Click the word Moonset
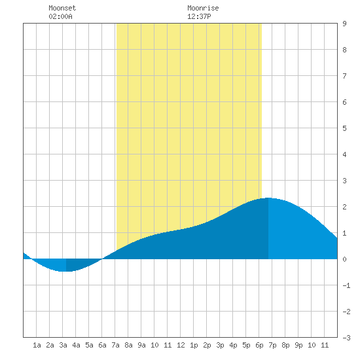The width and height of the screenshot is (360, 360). click(x=62, y=8)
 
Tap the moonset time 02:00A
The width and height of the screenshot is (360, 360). click(x=60, y=16)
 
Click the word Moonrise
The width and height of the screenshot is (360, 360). click(x=203, y=8)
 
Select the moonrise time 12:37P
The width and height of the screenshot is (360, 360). click(x=199, y=16)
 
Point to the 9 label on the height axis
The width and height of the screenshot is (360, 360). click(x=344, y=24)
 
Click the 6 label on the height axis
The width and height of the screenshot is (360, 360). click(x=344, y=102)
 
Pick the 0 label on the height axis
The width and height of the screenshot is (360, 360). click(x=344, y=259)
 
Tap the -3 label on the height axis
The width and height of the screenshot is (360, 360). click(x=346, y=338)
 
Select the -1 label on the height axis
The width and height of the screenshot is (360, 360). click(x=346, y=285)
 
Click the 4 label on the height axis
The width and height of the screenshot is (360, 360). click(x=344, y=154)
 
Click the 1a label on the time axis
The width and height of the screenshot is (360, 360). click(x=37, y=345)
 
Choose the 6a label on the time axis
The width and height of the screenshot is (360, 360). click(x=102, y=345)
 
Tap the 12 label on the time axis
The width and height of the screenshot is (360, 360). click(x=181, y=345)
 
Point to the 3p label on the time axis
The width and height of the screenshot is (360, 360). click(x=220, y=345)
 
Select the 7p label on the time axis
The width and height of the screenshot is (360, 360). click(x=272, y=345)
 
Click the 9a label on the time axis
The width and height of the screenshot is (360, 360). click(x=141, y=345)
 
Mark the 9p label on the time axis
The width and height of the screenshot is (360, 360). click(x=298, y=345)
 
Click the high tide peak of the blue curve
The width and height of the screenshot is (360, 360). click(x=268, y=198)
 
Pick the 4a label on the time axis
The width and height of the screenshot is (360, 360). click(x=76, y=345)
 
